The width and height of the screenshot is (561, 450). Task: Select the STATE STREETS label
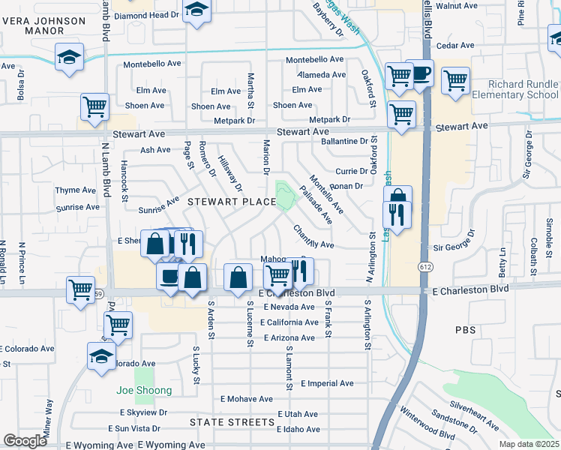(x=232, y=422)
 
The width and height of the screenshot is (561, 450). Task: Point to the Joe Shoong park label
(x=144, y=391)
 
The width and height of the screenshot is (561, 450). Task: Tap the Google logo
(x=25, y=441)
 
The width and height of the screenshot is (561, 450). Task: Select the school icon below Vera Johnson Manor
(x=68, y=58)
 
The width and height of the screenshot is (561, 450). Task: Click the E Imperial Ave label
(x=327, y=383)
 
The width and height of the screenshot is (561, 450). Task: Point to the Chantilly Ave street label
(x=313, y=238)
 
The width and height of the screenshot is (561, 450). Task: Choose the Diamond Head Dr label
(x=148, y=14)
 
